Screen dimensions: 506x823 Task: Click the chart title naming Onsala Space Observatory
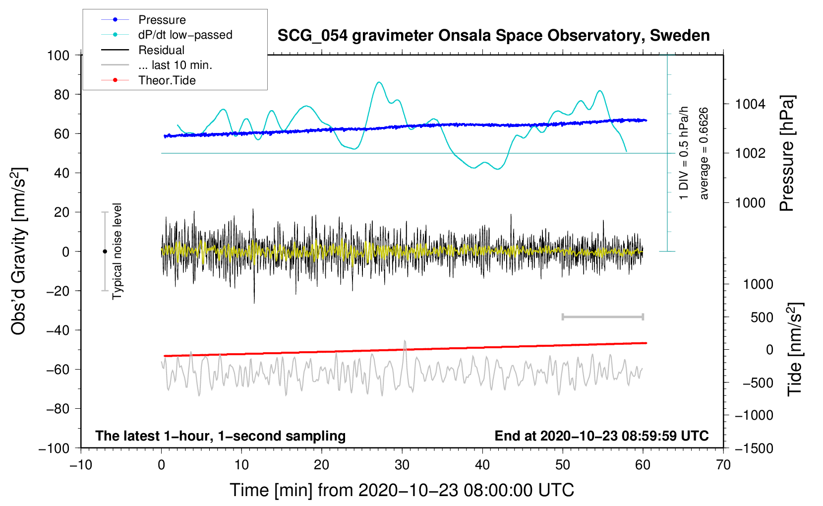[493, 36]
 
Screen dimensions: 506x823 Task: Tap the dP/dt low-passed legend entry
[185, 35]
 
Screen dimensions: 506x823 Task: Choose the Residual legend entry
[161, 50]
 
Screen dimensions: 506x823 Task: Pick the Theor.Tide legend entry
[167, 80]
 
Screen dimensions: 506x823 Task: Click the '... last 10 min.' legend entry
[175, 65]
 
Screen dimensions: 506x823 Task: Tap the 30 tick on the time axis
[402, 465]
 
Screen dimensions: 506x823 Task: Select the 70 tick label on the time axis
[723, 465]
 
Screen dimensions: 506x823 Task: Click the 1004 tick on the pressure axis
[750, 104]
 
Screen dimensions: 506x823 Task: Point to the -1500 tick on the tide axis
[754, 448]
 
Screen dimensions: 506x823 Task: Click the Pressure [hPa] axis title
[787, 153]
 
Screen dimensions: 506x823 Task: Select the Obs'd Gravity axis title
[19, 251]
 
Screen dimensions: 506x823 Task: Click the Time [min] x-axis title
[402, 490]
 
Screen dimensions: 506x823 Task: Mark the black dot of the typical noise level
[105, 252]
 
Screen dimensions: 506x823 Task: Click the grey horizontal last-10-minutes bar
[602, 316]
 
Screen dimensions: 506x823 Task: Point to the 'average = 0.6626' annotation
[704, 153]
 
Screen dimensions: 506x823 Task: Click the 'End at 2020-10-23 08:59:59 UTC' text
[601, 436]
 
